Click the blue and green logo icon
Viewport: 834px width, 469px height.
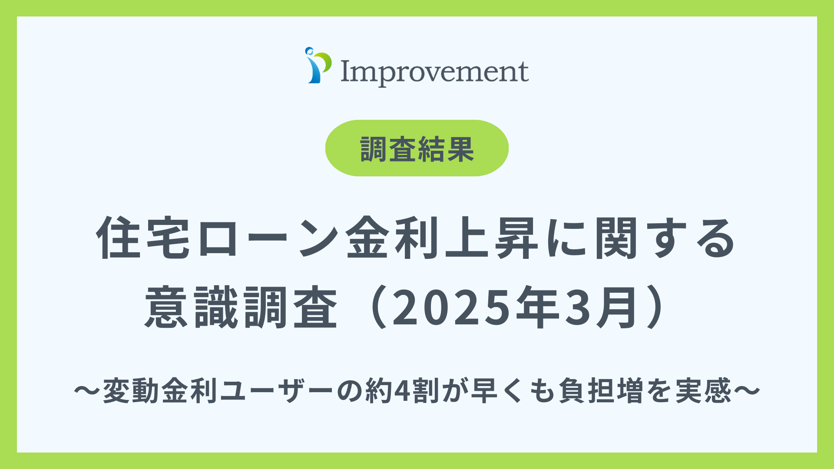[x=318, y=66]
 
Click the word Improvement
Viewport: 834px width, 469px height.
[x=434, y=72]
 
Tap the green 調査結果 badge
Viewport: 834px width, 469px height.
[x=417, y=149]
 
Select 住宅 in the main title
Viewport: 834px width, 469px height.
[x=143, y=238]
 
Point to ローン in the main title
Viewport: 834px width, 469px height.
[x=268, y=238]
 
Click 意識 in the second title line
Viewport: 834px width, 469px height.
[x=191, y=307]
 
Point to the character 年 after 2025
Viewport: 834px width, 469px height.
[x=537, y=307]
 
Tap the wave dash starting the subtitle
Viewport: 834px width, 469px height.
[x=87, y=390]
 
